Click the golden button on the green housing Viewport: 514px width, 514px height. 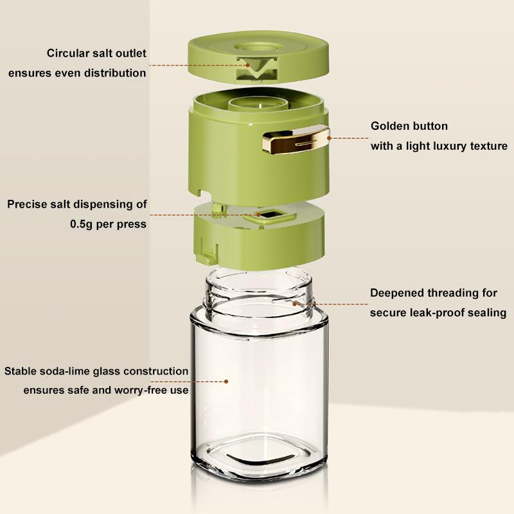pos(296,139)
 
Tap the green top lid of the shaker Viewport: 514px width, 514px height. pos(258,57)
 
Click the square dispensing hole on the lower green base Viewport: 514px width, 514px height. pos(270,215)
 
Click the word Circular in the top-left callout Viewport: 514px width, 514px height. pos(67,53)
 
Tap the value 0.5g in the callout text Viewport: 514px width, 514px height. pos(81,224)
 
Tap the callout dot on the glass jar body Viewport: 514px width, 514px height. pos(226,382)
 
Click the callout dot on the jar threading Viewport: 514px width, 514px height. pos(294,304)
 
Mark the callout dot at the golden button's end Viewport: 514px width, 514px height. pos(330,138)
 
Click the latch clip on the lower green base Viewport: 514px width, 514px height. pos(207,253)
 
